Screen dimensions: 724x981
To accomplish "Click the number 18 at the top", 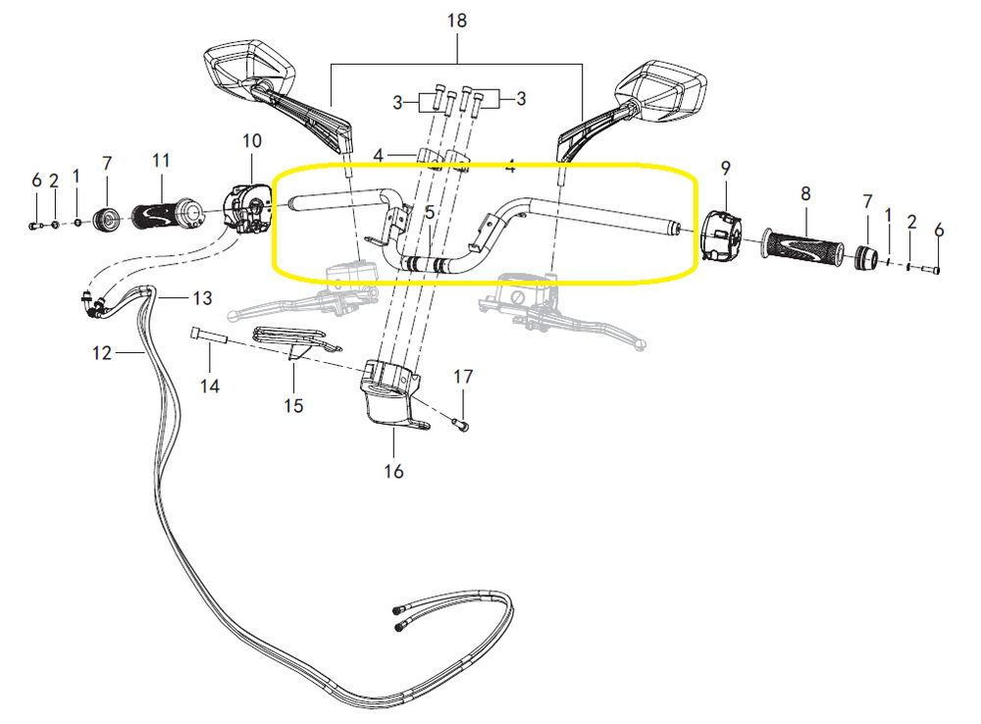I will coord(457,21).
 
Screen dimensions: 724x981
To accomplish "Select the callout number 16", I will coord(393,471).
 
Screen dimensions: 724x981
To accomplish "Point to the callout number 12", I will coord(103,353).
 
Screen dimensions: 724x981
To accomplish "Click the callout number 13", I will coord(201,297).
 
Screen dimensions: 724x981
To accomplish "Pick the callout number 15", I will coord(292,404).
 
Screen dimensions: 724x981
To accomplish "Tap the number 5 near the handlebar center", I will coord(429,211).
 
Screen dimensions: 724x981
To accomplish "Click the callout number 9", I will coord(726,167).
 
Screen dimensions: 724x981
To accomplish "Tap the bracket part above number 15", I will coord(295,338).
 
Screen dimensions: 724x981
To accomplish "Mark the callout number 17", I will coord(463,376).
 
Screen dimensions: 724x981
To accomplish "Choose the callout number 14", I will coord(209,387).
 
